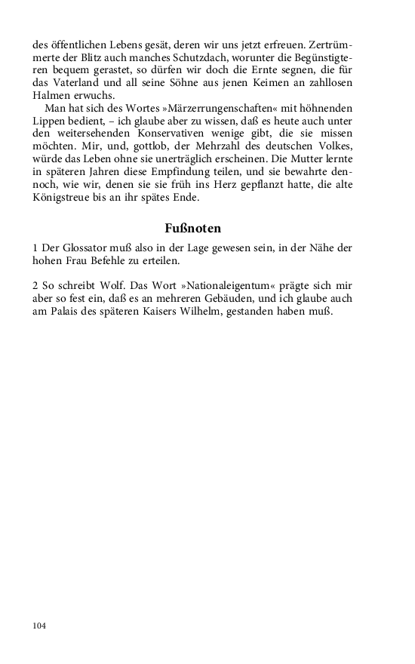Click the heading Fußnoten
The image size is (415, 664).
click(x=192, y=227)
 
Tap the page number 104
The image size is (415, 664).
click(x=40, y=626)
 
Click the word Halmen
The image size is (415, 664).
click(x=51, y=96)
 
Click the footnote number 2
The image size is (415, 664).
click(x=36, y=286)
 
